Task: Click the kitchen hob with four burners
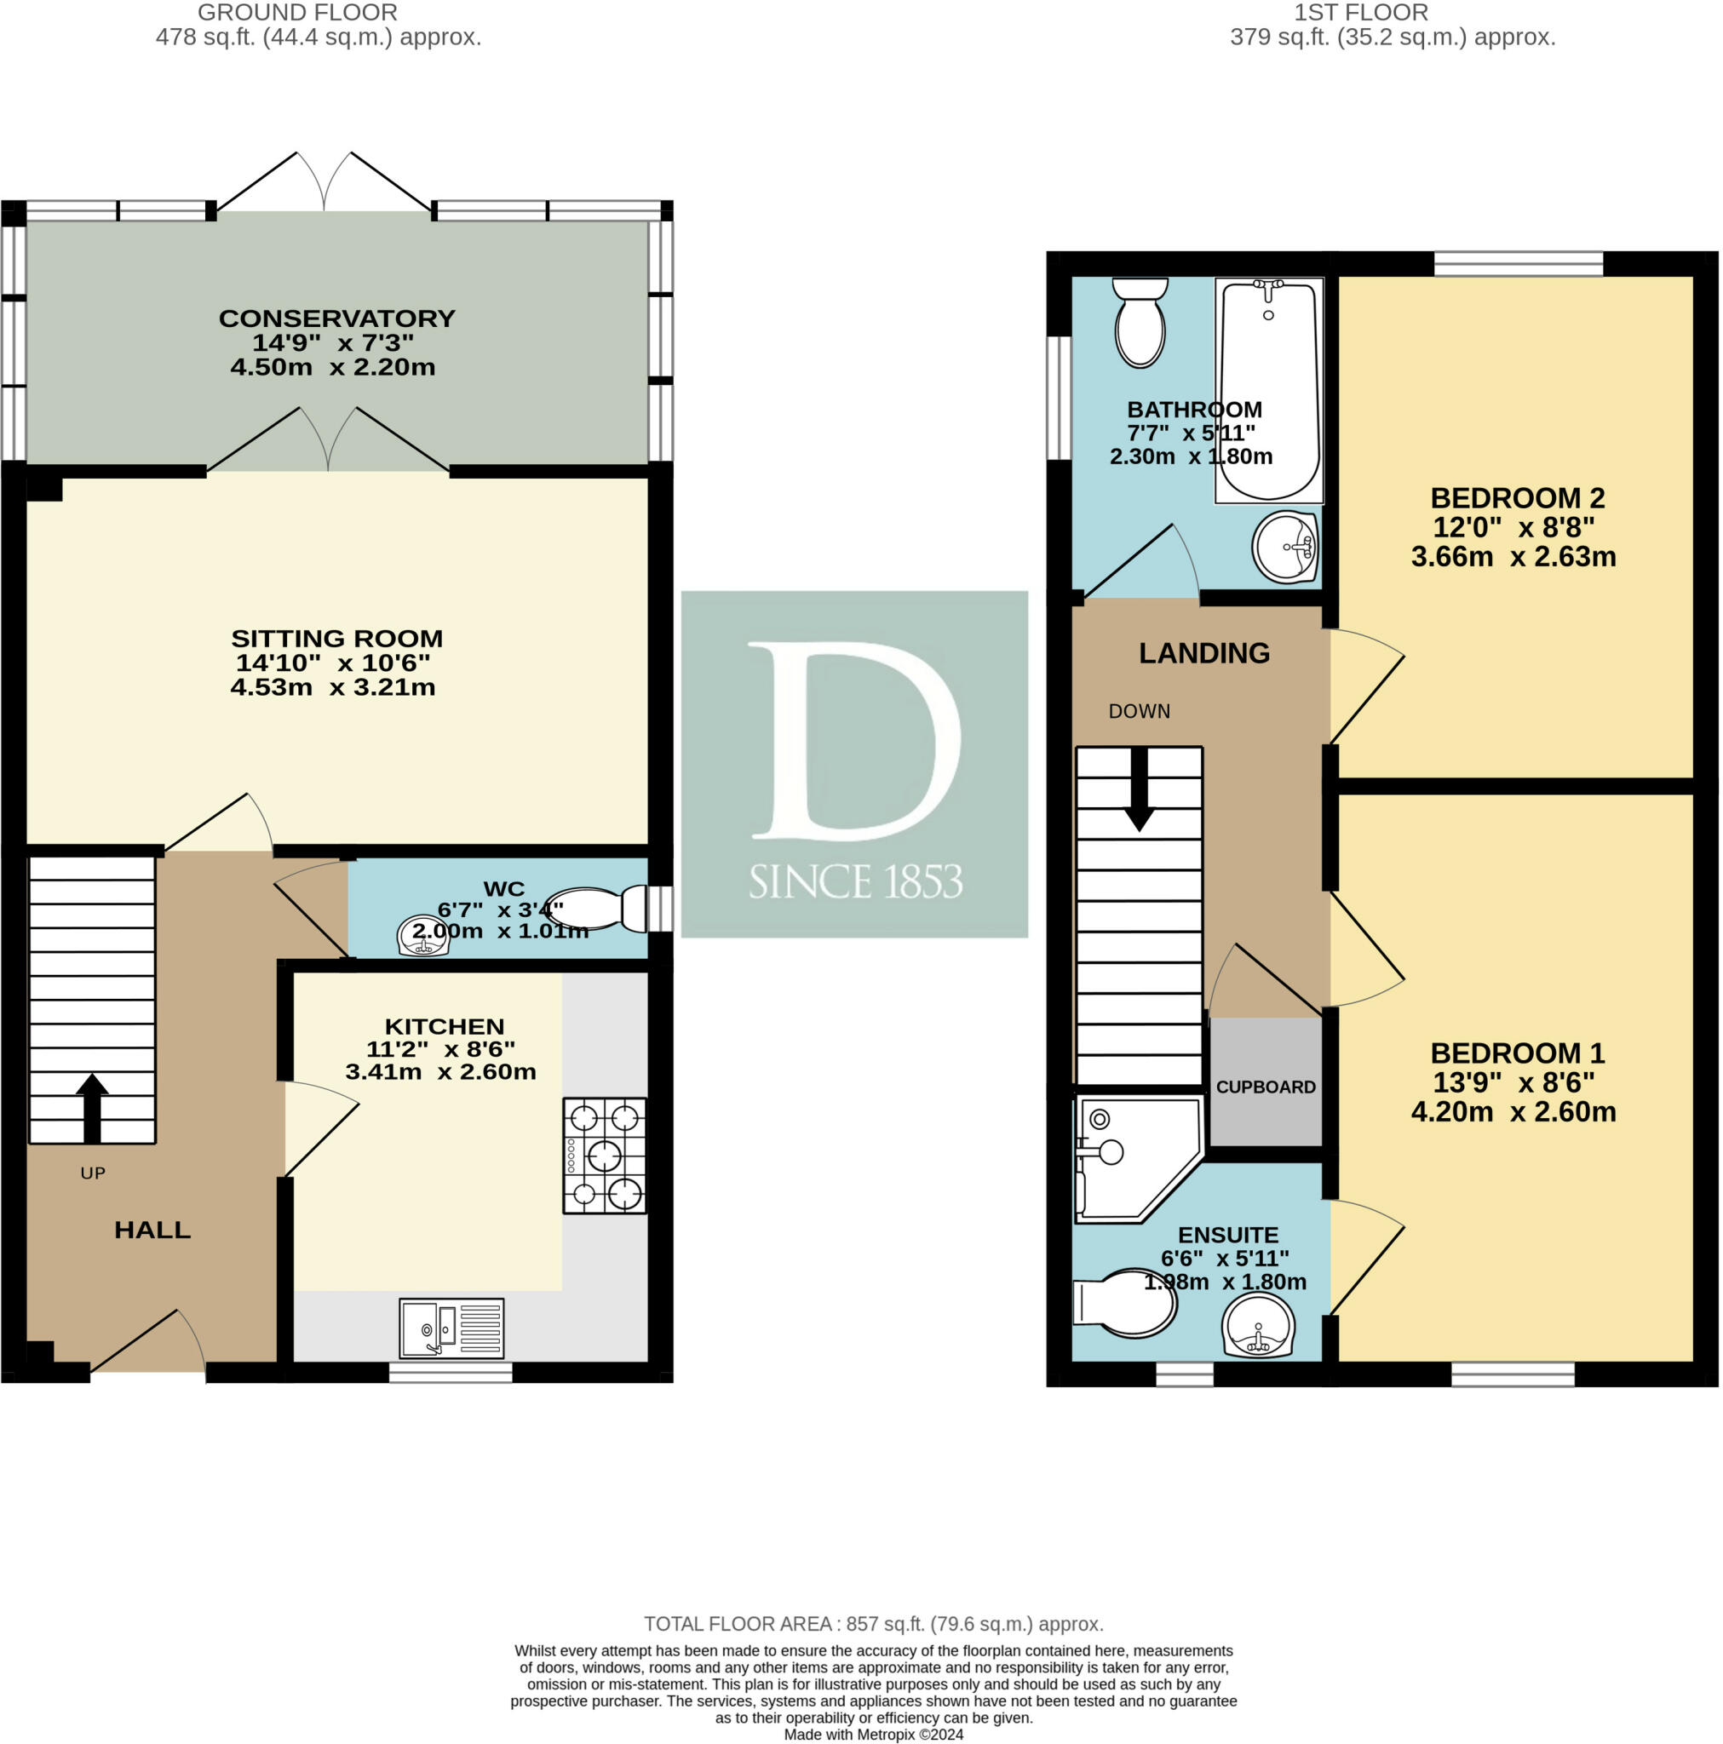click(x=604, y=1155)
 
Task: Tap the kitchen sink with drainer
click(x=451, y=1327)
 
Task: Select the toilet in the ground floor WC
click(x=598, y=908)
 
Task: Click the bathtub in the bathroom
click(x=1269, y=390)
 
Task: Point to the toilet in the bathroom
click(x=1140, y=322)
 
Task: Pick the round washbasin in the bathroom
click(x=1285, y=547)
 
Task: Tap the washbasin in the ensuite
click(x=1258, y=1325)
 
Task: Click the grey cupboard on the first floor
click(x=1265, y=1081)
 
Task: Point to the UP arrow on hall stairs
click(x=92, y=1108)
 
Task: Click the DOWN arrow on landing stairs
click(x=1139, y=789)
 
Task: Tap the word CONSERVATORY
click(x=336, y=318)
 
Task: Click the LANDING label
click(x=1203, y=652)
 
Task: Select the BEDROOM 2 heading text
click(x=1517, y=497)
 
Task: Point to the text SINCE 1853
click(x=855, y=881)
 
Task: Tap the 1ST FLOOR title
click(x=1361, y=13)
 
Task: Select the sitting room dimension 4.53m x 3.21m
click(x=332, y=687)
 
